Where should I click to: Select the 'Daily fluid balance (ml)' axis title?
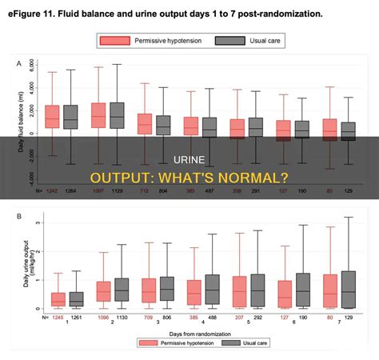[x=21, y=120]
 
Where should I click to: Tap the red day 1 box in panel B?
[x=58, y=299]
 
